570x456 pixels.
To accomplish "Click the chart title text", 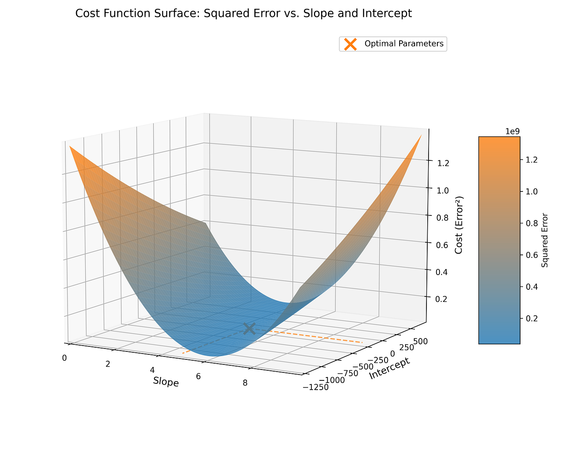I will click(243, 14).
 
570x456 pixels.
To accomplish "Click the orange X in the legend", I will click(350, 44).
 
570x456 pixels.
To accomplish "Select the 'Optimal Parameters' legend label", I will click(404, 44).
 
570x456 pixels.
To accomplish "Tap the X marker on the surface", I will click(249, 328).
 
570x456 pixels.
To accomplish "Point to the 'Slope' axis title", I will click(166, 382).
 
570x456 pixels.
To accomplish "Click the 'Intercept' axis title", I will click(389, 368).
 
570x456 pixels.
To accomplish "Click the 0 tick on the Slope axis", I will click(64, 358).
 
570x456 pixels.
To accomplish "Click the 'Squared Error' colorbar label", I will click(544, 240).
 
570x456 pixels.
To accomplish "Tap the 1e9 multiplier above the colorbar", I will click(512, 131).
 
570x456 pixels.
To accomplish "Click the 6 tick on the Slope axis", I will click(199, 376).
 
